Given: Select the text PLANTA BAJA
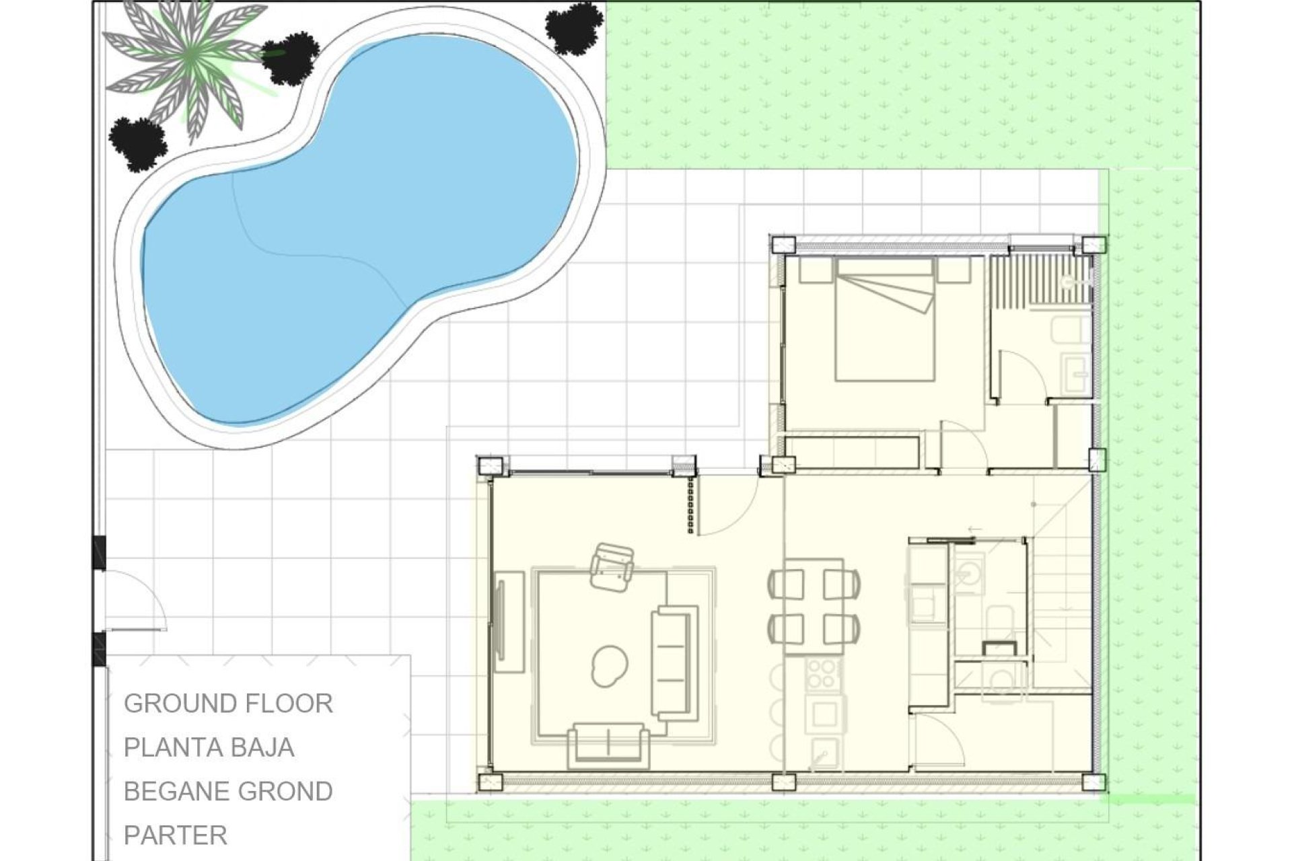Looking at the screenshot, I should pyautogui.click(x=209, y=747).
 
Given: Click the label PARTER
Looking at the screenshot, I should pyautogui.click(x=176, y=835).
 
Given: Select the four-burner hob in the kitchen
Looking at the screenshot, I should pyautogui.click(x=822, y=673).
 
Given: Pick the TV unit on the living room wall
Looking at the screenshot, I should pyautogui.click(x=509, y=621).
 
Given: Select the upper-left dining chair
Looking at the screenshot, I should pyautogui.click(x=786, y=583).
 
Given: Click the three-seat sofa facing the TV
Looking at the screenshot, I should pyautogui.click(x=675, y=663).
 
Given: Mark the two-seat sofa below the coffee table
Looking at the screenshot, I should pyautogui.click(x=608, y=745).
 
